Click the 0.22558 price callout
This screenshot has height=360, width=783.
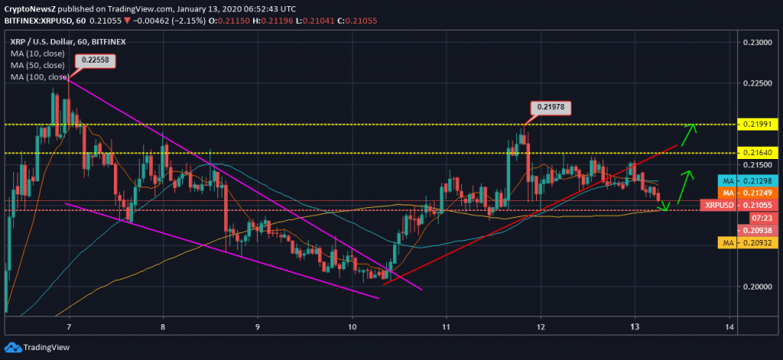tap(94, 62)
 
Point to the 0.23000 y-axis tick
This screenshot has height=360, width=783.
tap(755, 43)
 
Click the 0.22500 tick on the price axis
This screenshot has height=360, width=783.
tap(755, 83)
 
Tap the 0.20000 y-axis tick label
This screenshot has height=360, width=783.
tap(755, 287)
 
